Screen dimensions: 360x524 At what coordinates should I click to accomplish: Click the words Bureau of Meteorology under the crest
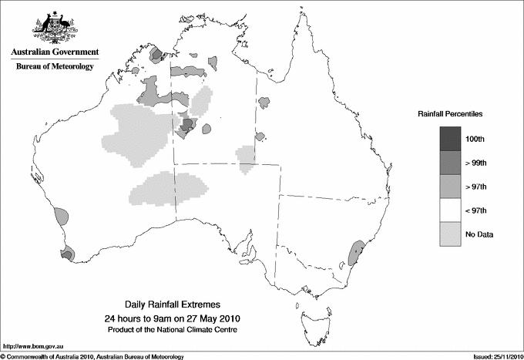point(55,66)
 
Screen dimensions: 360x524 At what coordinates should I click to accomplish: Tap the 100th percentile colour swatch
point(451,138)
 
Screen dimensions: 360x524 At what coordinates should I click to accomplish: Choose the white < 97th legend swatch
point(451,210)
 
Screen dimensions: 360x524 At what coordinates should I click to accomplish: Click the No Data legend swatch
point(451,234)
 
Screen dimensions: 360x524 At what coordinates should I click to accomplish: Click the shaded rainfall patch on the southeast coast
point(356,253)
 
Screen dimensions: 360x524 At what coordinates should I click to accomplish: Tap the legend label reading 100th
point(475,139)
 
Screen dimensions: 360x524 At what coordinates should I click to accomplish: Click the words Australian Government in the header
point(55,52)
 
